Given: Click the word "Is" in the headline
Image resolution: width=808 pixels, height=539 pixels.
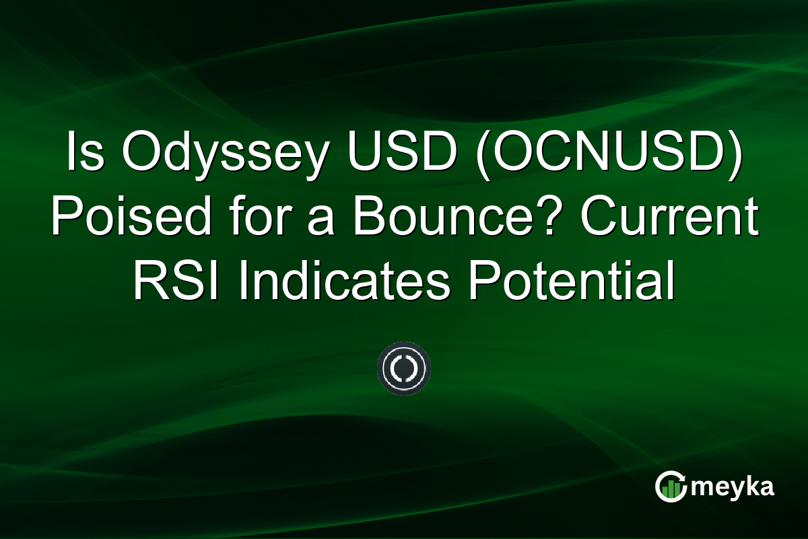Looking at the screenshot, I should (x=81, y=154).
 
